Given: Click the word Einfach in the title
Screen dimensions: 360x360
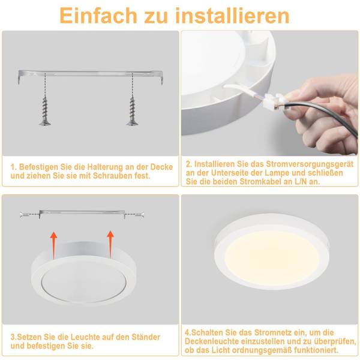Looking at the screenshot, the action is point(98,16).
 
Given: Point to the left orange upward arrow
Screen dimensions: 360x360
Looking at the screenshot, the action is point(54,245).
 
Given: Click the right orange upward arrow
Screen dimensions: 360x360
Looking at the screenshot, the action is point(110,244).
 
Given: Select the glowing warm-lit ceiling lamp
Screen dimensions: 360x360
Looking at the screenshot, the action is point(272,251).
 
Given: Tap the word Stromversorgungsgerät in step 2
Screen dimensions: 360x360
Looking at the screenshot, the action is point(310,164).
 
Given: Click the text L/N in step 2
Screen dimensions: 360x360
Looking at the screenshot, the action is point(301,182).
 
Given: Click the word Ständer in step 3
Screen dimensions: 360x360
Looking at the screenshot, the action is point(146,337).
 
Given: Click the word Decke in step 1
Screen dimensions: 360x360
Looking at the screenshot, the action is point(161,167).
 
